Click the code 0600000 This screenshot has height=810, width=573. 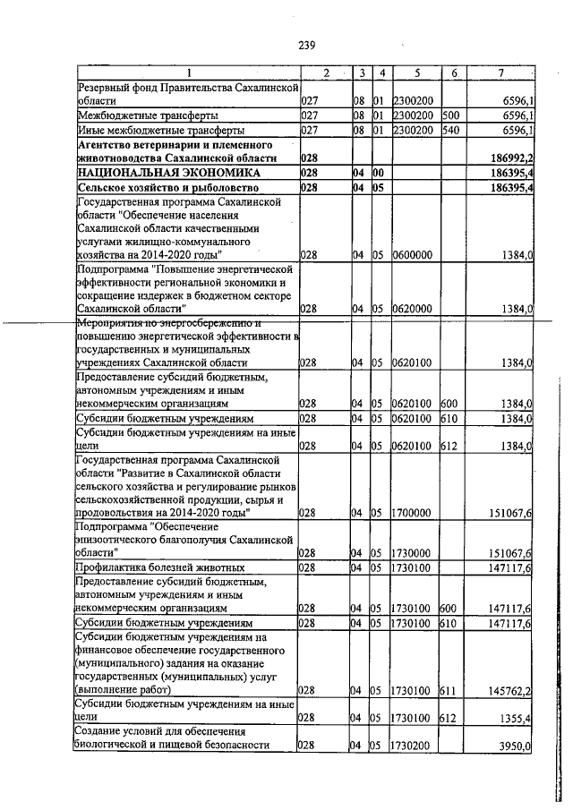(413, 255)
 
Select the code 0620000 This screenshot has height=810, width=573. (413, 309)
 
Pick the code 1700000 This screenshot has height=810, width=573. (413, 513)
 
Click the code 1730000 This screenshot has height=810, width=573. (413, 553)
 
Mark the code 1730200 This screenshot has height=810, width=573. (413, 746)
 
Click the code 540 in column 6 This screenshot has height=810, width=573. (449, 130)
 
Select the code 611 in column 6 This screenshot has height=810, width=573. (449, 690)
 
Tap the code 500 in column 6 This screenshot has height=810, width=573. (449, 116)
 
